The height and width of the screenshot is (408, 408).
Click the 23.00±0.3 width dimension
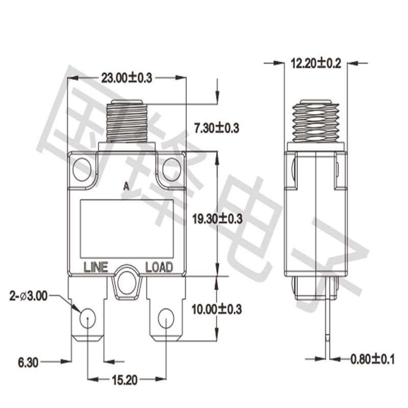[127, 78]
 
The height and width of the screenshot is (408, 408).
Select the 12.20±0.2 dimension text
[315, 63]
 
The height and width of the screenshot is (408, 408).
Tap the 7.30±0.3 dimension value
[217, 127]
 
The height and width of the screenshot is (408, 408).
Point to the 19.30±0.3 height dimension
[217, 218]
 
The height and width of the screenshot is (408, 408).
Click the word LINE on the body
[95, 267]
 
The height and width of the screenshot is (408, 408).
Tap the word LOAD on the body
[159, 267]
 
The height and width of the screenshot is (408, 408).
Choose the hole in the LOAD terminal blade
[165, 319]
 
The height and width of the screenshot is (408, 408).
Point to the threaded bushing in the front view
[126, 122]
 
